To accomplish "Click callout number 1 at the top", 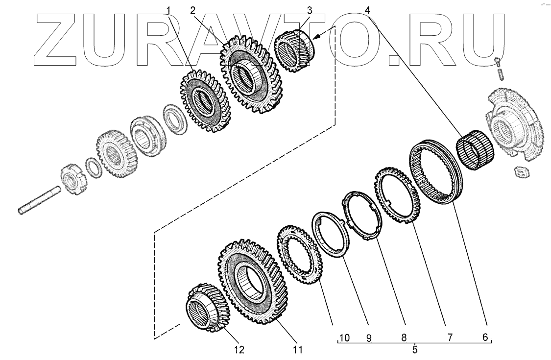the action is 168,11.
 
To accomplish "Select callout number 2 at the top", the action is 192,11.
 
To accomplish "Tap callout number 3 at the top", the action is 309,11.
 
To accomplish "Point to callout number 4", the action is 367,11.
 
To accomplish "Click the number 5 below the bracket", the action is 415,350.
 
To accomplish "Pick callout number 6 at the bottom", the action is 485,337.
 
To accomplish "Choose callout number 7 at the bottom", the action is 450,337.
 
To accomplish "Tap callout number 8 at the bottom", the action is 404,337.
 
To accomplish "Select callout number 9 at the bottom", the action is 369,338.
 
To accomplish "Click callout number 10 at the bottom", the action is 344,338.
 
